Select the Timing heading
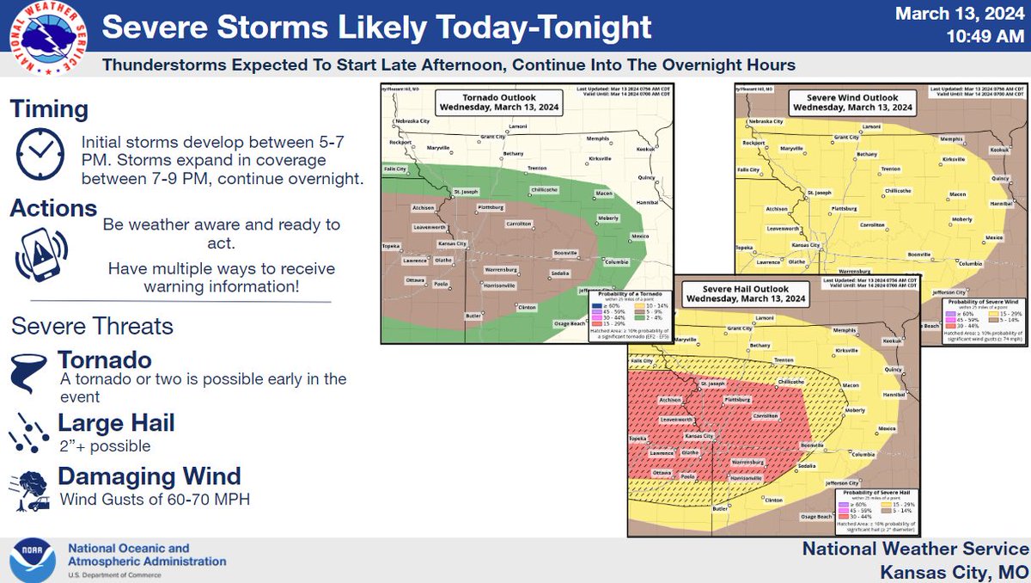50,109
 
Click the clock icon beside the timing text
40,155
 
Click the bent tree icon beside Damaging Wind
29,488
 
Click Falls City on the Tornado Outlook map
396,169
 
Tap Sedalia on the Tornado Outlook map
559,273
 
